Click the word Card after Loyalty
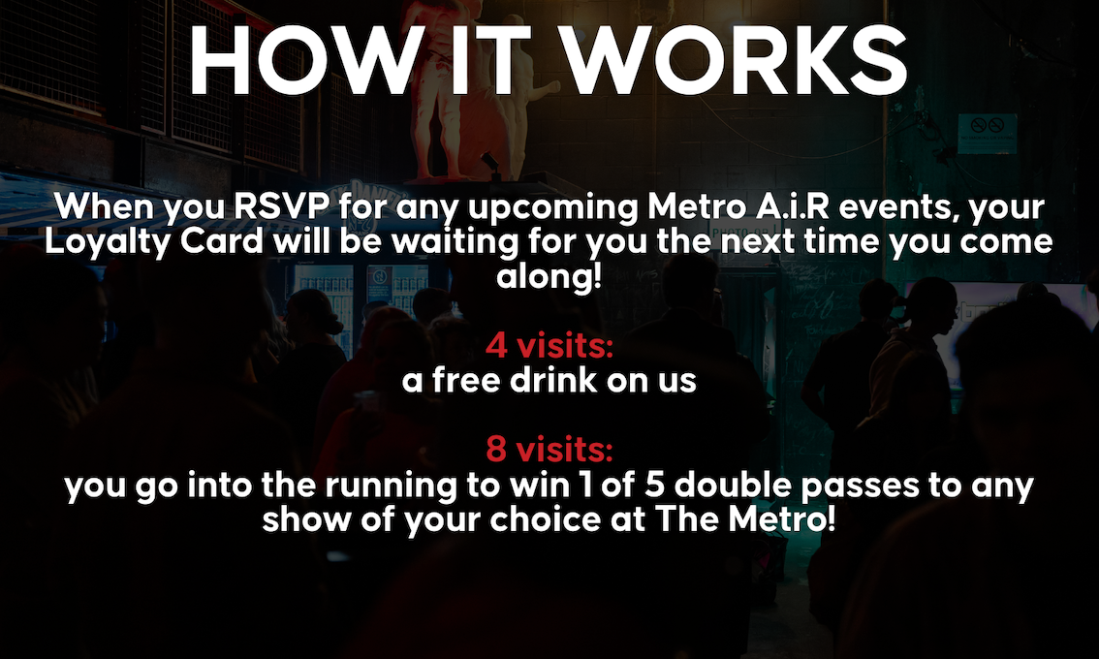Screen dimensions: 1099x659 [x=222, y=241]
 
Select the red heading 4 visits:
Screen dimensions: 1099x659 [x=549, y=345]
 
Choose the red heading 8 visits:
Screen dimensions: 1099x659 [x=549, y=449]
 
